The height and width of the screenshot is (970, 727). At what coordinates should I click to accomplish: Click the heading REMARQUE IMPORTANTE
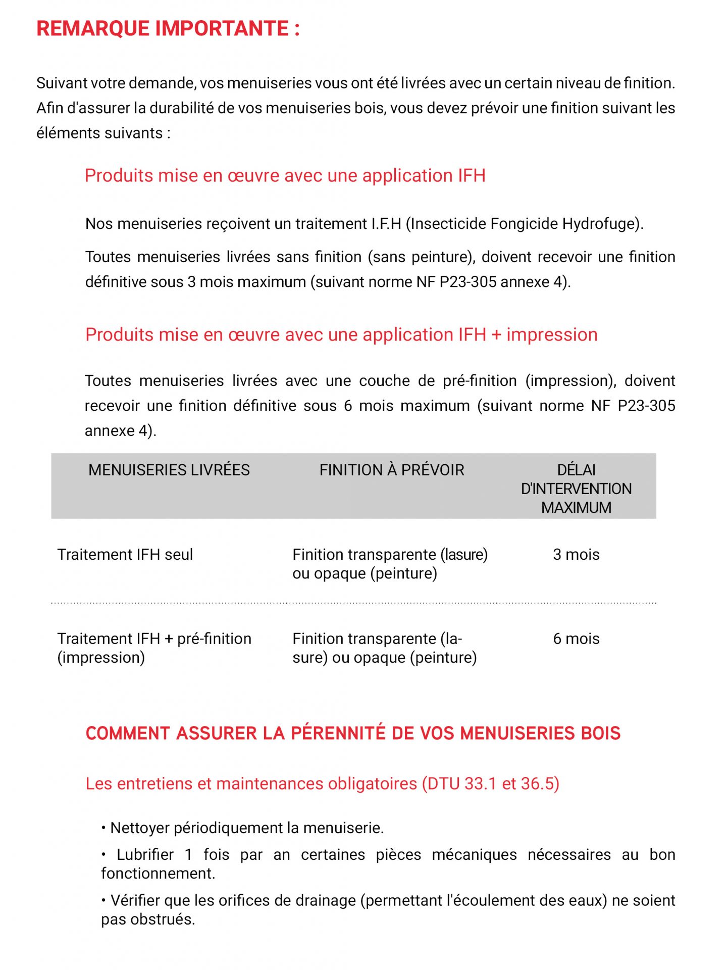pos(168,28)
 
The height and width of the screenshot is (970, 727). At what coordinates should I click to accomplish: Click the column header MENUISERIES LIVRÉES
pos(169,470)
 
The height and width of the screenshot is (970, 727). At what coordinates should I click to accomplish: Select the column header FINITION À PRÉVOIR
pos(391,470)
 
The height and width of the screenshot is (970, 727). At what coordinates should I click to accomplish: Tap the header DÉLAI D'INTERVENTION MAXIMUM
pos(576,489)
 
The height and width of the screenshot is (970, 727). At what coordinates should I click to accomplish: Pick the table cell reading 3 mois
pos(576,554)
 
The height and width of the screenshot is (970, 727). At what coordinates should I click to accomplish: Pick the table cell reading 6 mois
pos(576,639)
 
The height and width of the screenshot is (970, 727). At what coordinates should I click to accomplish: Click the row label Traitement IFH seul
pos(125,554)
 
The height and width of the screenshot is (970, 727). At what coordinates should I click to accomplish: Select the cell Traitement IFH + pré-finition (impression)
pos(154,648)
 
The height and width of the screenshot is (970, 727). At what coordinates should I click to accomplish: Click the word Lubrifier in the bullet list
pos(145,854)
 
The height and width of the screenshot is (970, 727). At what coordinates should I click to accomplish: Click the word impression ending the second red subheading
pos(552,334)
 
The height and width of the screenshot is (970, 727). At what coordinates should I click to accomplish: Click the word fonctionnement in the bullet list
pos(158,873)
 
